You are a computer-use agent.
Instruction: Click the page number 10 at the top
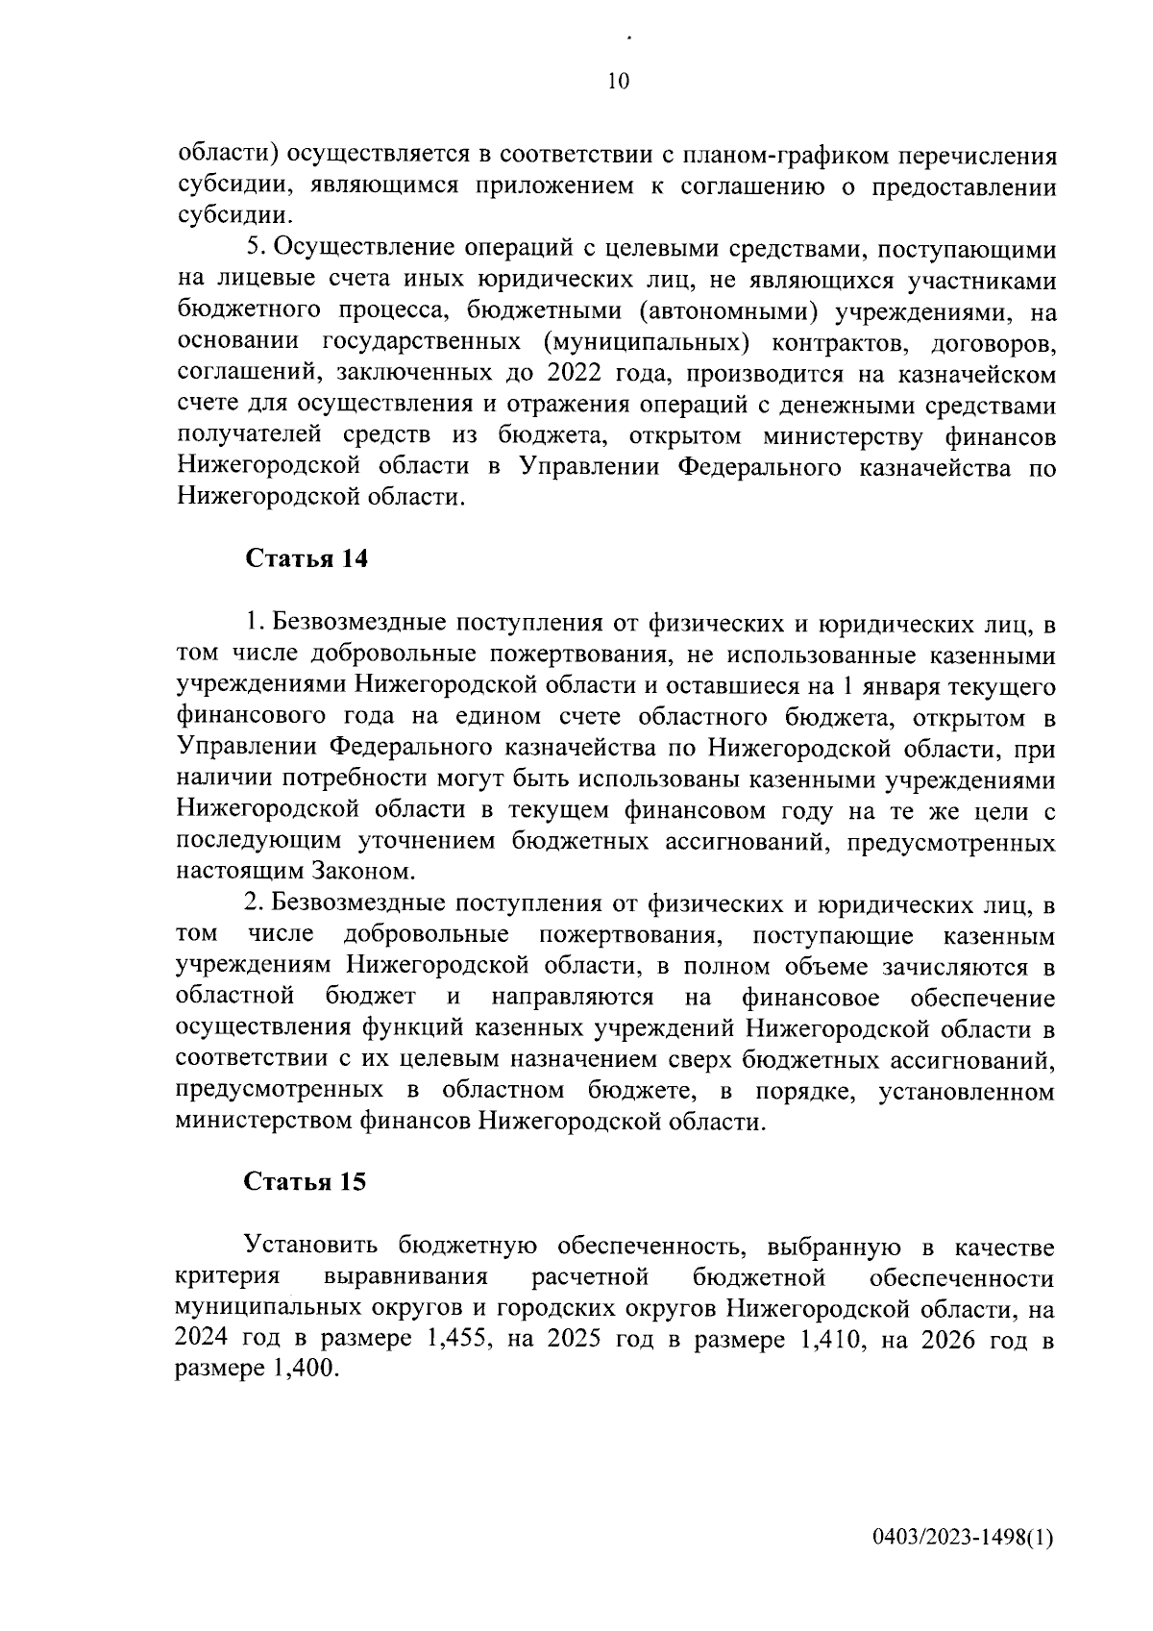[x=618, y=81]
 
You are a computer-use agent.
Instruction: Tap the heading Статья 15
[x=306, y=1182]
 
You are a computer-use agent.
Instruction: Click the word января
[x=882, y=686]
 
